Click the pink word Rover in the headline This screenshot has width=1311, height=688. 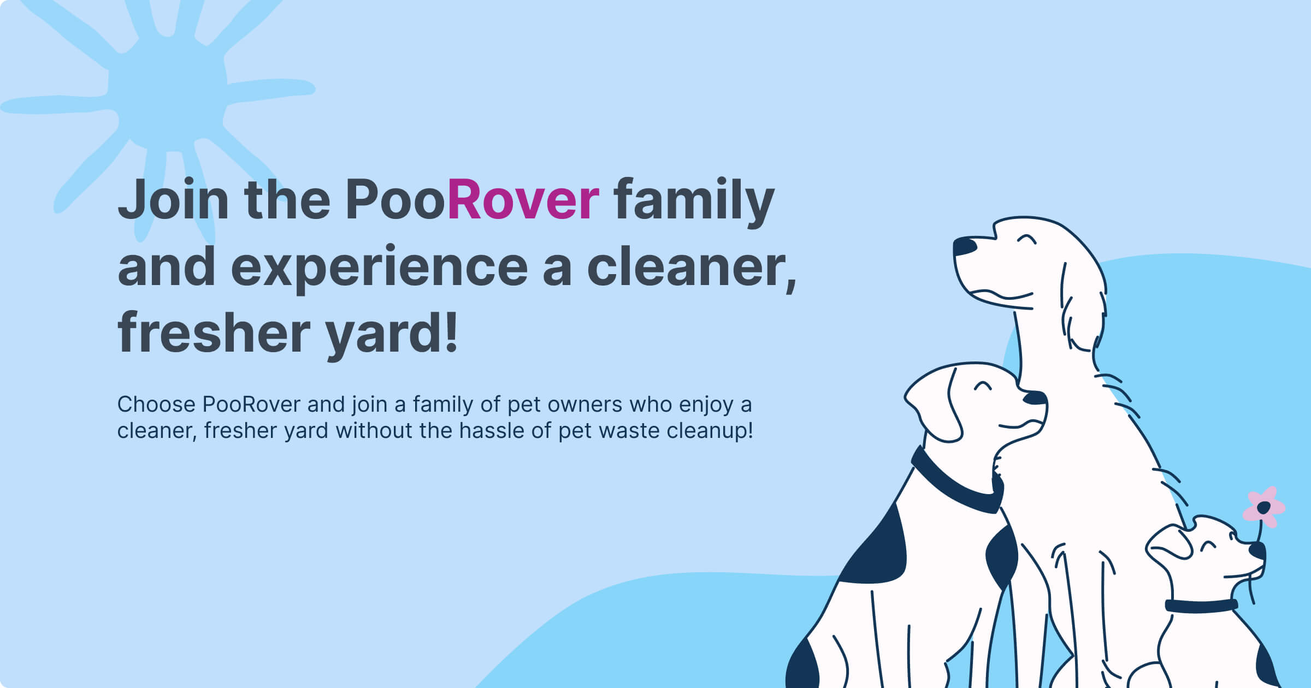523,200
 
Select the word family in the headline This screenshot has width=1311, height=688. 694,200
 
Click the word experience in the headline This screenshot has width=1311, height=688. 379,268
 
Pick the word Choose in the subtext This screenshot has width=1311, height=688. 156,405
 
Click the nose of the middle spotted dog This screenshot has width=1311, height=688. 1035,398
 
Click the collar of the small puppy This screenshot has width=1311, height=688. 1201,606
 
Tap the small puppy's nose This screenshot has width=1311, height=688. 1258,550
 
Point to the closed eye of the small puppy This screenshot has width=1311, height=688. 1208,545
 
